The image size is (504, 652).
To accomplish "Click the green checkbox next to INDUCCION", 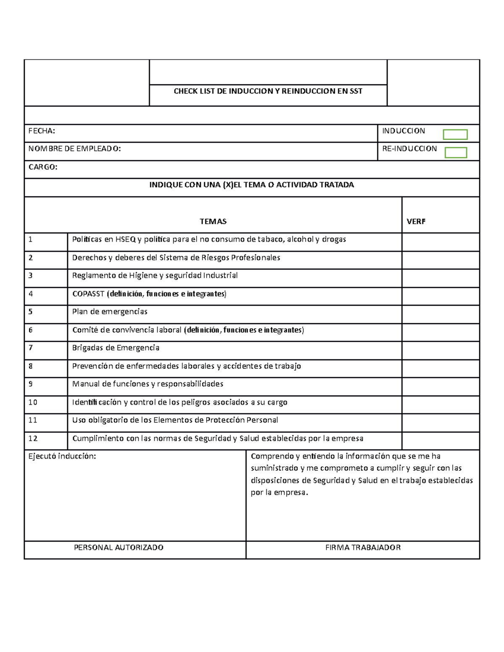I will [455, 134].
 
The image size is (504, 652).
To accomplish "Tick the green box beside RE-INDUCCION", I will [456, 152].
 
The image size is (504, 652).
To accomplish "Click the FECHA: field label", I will [42, 131].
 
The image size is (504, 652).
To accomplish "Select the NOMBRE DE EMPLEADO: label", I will [74, 149].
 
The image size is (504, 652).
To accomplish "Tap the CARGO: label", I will [42, 167].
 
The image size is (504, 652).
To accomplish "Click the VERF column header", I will [416, 221].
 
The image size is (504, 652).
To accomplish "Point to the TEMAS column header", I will [213, 221].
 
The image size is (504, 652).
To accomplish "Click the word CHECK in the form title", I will [185, 91].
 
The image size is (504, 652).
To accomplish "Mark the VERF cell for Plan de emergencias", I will [440, 314].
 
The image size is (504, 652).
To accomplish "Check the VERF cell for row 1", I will [440, 242].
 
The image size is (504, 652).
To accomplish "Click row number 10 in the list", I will [33, 402].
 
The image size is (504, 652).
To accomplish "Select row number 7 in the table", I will [31, 348].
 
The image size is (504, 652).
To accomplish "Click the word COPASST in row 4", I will [88, 294].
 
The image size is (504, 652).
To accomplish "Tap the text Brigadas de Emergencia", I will [115, 348].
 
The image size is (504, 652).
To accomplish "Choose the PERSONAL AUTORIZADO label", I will [118, 547].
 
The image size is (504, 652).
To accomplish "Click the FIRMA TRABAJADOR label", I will [363, 547].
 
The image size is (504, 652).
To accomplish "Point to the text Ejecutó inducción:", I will [62, 456].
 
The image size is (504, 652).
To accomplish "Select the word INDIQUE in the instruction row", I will [165, 185].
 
